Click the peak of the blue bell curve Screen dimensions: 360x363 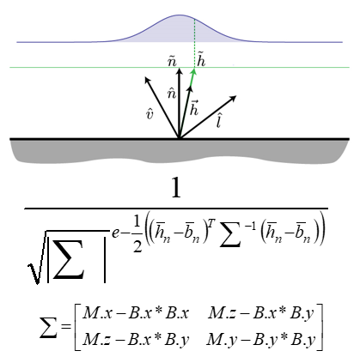[x=180, y=15]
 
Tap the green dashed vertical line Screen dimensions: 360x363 [x=195, y=43]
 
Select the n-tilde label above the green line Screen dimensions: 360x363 [x=172, y=62]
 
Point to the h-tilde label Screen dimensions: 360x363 [x=202, y=61]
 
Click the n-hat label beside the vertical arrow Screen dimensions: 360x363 [x=172, y=94]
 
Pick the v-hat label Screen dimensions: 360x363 [x=149, y=114]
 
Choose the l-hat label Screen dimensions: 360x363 [x=219, y=120]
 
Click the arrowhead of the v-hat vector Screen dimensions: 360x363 [x=147, y=80]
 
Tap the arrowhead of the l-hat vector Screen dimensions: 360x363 [x=233, y=98]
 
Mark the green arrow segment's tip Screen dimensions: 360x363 [x=194, y=69]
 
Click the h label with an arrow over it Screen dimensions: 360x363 [x=194, y=108]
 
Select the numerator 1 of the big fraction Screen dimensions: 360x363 [x=176, y=188]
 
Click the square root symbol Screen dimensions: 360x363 [x=36, y=257]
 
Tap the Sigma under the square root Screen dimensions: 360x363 [x=69, y=259]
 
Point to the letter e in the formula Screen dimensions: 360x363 [x=115, y=233]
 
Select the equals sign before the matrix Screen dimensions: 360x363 [x=65, y=326]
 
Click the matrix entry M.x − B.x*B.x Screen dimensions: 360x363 [x=136, y=313]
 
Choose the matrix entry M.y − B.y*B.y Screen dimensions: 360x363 [x=261, y=340]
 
